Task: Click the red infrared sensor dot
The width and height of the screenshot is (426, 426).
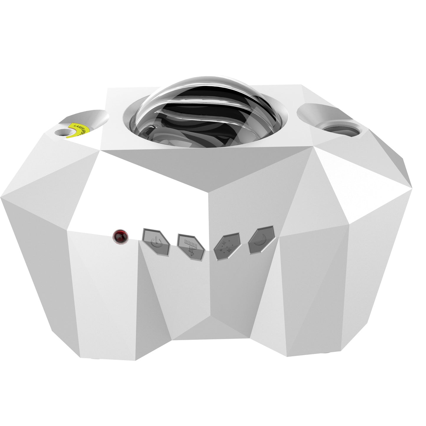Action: click(x=121, y=237)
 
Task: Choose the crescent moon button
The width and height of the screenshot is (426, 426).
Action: click(x=261, y=240)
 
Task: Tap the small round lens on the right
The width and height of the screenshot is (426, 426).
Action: click(x=341, y=130)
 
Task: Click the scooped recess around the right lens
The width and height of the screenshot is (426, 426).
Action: click(x=318, y=114)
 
